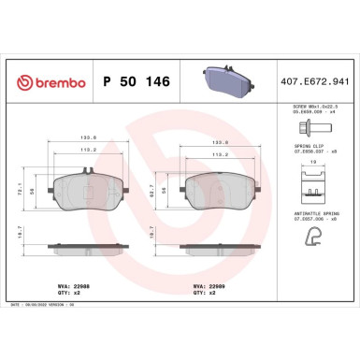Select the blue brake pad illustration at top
[225, 80]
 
